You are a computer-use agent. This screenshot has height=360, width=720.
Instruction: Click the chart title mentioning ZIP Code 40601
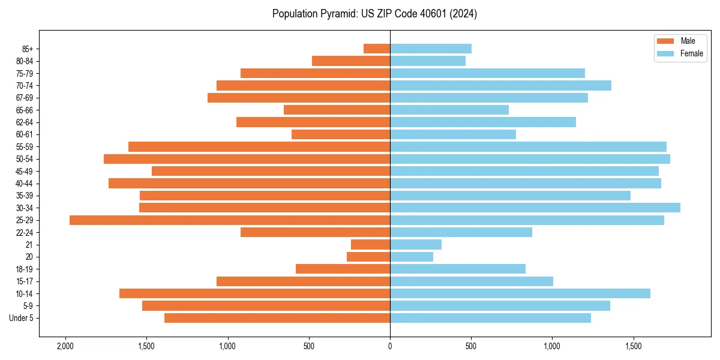point(374,14)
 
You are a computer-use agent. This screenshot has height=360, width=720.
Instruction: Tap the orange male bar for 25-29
point(230,220)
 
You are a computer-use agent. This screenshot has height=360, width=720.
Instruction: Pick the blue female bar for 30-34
point(535,208)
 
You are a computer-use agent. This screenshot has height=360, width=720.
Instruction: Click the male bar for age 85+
point(377,49)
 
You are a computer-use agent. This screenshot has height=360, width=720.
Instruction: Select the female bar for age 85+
point(431,49)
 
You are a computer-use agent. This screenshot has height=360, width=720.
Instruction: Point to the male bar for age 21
point(370,245)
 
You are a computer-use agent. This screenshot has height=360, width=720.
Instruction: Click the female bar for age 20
point(412,257)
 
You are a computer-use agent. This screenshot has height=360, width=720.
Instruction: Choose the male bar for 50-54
point(247,159)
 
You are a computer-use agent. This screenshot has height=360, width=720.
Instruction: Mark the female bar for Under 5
point(490,318)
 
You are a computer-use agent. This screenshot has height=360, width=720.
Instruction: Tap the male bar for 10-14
point(254,293)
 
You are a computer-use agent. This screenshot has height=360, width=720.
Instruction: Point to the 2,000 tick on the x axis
point(65,346)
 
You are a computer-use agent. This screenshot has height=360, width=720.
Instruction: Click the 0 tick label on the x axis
point(390,346)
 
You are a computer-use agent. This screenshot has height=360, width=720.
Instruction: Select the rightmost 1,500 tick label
point(634,346)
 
